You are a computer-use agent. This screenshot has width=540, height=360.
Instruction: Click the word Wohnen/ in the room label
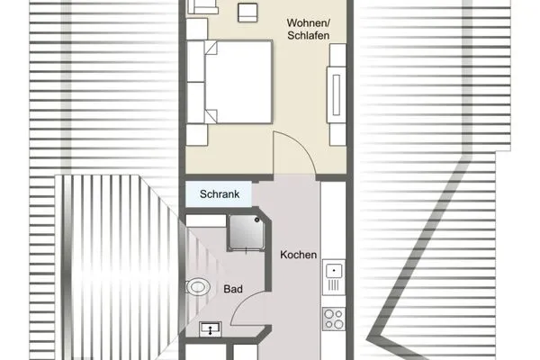tap(308, 22)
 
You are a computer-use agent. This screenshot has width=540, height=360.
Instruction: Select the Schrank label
tap(218, 193)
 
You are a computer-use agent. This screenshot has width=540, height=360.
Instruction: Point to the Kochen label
tap(298, 255)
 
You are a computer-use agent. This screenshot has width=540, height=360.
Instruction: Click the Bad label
tap(232, 290)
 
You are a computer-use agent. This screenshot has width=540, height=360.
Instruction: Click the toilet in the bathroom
tap(197, 289)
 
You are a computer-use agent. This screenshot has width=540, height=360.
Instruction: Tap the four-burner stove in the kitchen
tap(334, 318)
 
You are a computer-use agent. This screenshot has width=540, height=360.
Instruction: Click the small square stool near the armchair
tap(247, 13)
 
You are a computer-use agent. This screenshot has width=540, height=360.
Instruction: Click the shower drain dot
tap(245, 232)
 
